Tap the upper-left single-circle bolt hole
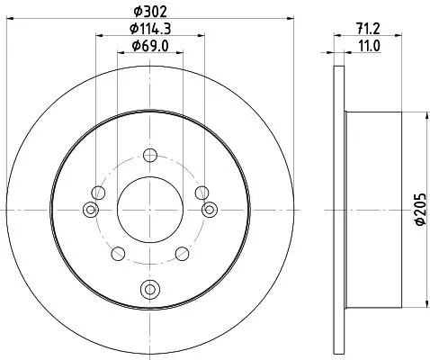[98, 192]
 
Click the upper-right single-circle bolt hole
[202, 192]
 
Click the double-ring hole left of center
[89, 210]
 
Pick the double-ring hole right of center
[211, 210]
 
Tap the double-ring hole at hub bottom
[149, 289]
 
